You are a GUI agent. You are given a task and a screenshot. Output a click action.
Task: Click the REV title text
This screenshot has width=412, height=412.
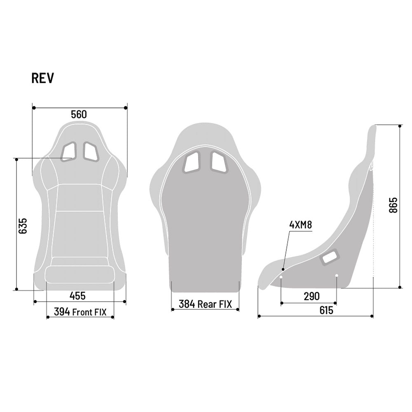tap(42, 78)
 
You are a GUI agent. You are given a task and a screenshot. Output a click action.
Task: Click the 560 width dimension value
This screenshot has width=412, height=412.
tap(79, 115)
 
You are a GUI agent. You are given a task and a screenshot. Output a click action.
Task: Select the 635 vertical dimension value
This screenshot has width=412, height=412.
tap(23, 226)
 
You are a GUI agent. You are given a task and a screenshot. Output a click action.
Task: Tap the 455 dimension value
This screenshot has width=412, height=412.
tap(77, 295)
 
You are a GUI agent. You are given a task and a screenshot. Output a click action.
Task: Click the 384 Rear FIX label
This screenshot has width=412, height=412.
tap(205, 304)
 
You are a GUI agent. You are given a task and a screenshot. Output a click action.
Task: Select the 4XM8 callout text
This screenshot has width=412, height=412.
tap(301, 225)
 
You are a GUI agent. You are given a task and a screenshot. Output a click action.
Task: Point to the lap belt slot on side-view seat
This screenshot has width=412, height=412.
tap(330, 257)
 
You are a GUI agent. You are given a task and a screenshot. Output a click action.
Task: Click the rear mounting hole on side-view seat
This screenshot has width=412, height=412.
tap(337, 276)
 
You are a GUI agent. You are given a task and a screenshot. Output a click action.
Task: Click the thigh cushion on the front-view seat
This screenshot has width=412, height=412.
tap(79, 274)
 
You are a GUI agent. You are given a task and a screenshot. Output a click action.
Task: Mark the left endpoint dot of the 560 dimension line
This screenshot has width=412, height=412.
tap(33, 108)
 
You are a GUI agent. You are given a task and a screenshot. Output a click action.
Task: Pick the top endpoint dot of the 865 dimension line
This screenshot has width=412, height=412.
tap(400, 125)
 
